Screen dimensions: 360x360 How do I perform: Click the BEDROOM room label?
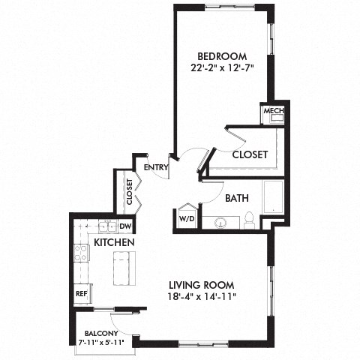click(x=222, y=56)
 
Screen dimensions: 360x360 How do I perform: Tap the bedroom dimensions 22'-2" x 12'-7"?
click(x=222, y=69)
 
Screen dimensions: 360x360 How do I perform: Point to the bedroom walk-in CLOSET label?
click(x=250, y=154)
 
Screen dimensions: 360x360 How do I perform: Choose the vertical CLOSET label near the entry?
click(x=129, y=191)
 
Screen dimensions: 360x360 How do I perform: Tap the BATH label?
click(x=237, y=198)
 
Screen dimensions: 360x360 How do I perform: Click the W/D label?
click(x=186, y=220)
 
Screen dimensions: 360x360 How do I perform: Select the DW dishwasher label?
click(x=126, y=226)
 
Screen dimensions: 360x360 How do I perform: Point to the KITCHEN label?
click(x=114, y=243)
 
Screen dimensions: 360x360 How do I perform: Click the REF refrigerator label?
click(x=81, y=294)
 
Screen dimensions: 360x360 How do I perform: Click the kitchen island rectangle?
click(x=122, y=268)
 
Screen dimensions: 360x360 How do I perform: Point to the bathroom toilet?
click(x=248, y=220)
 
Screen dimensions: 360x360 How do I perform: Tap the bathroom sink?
click(x=221, y=223)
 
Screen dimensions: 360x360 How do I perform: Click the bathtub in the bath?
click(x=272, y=197)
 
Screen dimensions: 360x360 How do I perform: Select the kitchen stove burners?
click(x=80, y=253)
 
